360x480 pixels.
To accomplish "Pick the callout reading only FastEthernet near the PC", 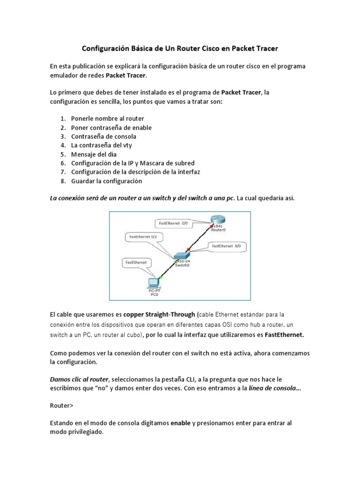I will pos(136,263).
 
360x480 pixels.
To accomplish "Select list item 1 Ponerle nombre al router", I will pos(107,119).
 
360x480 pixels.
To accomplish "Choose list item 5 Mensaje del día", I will pos(94,154).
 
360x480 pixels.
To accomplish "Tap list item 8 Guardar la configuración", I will pos(106,181).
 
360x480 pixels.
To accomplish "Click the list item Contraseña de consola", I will pos(104,136).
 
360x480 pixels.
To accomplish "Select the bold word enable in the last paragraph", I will pos(180,423).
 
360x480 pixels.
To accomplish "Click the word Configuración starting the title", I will pos(105,48).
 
